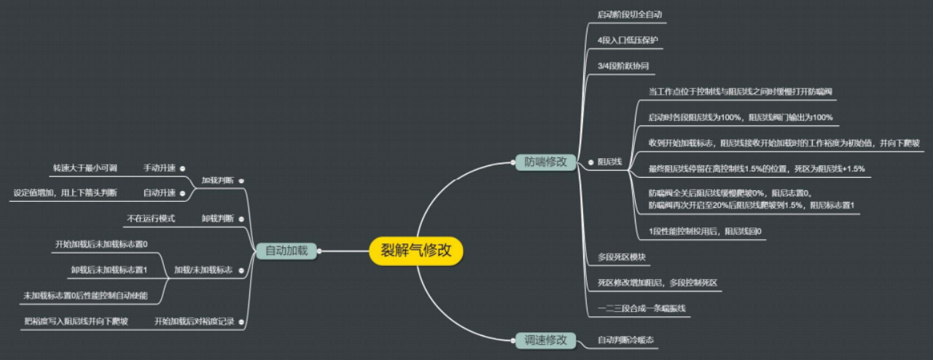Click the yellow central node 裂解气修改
coord(416,251)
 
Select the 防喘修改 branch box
coord(545,162)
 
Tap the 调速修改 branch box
coord(545,340)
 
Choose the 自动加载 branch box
coord(286,251)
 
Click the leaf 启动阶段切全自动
coord(629,14)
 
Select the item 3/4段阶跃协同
coord(622,66)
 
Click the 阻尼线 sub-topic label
coord(609,162)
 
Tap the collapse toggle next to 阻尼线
coord(591,162)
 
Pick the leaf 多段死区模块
coord(622,257)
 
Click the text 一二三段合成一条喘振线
coord(641,308)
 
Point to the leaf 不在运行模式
coord(151,218)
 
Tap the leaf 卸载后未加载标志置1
coord(109,270)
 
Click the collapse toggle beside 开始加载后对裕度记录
coord(241,321)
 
